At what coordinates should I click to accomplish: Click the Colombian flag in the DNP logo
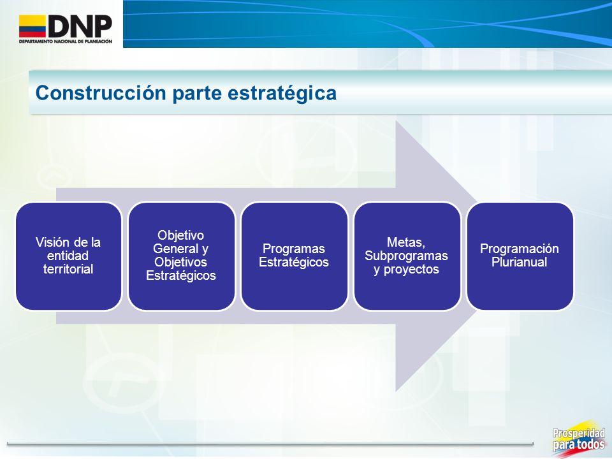click(33, 26)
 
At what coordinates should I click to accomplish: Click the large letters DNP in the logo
click(80, 26)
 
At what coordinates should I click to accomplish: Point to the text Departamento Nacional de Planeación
click(66, 41)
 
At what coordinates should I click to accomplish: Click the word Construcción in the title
click(101, 93)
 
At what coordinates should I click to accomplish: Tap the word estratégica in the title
click(282, 94)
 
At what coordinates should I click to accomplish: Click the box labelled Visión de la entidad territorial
click(69, 256)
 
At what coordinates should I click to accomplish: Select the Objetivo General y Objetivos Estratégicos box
click(182, 256)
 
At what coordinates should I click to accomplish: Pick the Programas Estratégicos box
click(295, 256)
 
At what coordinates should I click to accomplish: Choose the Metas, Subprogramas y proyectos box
click(407, 256)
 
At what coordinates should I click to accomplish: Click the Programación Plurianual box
click(520, 256)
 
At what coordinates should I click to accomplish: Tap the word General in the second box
click(176, 249)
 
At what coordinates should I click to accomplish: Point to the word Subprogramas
click(406, 256)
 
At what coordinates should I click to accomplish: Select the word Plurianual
click(519, 262)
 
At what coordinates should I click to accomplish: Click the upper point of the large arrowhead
click(396, 121)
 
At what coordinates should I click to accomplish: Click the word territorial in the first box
click(68, 269)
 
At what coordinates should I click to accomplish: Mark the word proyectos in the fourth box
click(411, 270)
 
